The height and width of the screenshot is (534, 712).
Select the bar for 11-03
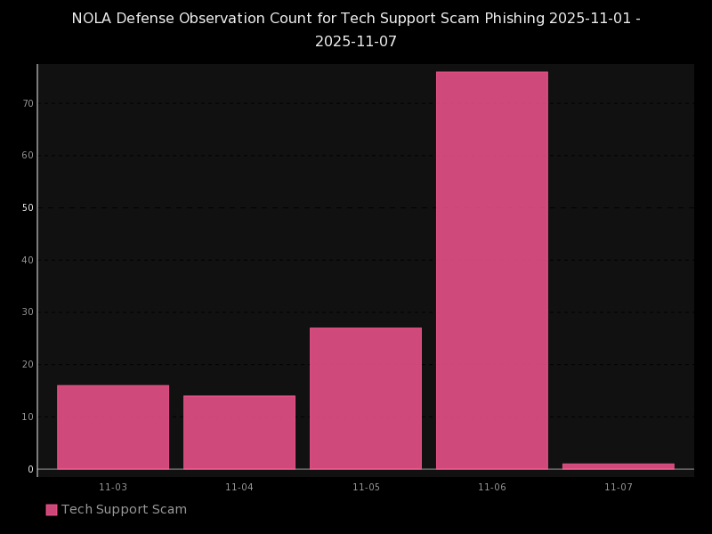click(x=113, y=427)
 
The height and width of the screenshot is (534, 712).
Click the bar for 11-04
click(x=239, y=433)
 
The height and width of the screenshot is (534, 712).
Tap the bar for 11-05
click(x=366, y=399)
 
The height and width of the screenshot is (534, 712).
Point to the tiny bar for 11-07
click(x=619, y=465)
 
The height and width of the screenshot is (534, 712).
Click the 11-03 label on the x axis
click(x=113, y=488)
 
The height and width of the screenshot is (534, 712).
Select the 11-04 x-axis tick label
click(x=239, y=488)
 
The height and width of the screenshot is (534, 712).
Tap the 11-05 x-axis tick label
click(x=366, y=488)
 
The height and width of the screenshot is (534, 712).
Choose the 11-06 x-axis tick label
click(x=492, y=488)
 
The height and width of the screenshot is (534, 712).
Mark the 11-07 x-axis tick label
click(x=619, y=488)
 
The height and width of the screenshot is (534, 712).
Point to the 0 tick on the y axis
click(x=30, y=469)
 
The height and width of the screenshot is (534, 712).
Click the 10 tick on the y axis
click(x=28, y=417)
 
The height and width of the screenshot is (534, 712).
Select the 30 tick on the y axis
click(x=28, y=312)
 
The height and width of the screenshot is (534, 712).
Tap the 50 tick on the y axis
click(x=28, y=208)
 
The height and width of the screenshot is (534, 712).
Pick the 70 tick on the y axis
click(x=28, y=103)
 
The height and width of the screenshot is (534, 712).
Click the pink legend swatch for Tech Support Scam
click(x=52, y=510)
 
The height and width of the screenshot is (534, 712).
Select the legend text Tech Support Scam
click(x=124, y=510)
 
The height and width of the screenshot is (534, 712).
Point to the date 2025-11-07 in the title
click(x=356, y=42)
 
